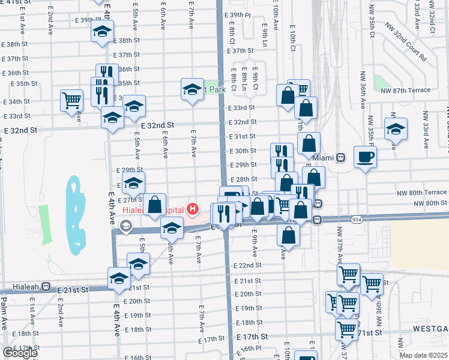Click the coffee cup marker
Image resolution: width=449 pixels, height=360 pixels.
tap(365, 157)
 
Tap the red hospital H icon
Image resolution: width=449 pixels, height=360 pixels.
tap(192, 209)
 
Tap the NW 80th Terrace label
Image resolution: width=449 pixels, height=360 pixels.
tap(421, 193)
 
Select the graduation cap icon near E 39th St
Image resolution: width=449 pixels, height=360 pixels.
tap(103, 31)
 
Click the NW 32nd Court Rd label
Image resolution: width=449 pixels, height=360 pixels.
tap(406, 43)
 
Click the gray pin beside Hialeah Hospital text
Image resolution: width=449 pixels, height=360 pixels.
tap(126, 226)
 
